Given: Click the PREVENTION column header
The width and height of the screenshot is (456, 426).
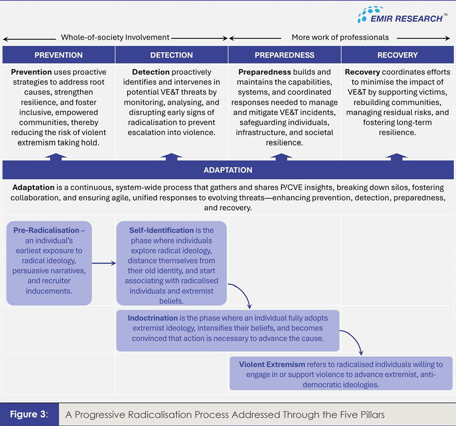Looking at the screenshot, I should pyautogui.click(x=59, y=55).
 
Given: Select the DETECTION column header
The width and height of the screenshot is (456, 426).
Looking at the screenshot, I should pyautogui.click(x=172, y=55).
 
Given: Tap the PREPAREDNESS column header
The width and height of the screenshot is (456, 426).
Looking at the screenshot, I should pyautogui.click(x=284, y=55).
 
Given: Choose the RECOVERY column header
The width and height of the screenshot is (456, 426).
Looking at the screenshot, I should pyautogui.click(x=397, y=55).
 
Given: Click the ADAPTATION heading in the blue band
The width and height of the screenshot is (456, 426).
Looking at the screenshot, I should pyautogui.click(x=228, y=170).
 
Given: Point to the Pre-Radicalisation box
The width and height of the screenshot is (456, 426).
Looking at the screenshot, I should pyautogui.click(x=49, y=263).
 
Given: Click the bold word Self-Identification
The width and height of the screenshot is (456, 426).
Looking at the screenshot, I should pyautogui.click(x=161, y=230).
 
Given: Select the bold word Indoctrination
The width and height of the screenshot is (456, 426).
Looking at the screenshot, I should pyautogui.click(x=153, y=317).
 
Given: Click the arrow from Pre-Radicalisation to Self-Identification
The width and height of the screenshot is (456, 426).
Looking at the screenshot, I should pyautogui.click(x=104, y=263).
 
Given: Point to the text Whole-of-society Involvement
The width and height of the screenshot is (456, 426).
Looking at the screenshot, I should pyautogui.click(x=115, y=37).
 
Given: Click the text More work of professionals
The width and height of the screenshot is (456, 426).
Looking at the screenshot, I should pyautogui.click(x=340, y=37).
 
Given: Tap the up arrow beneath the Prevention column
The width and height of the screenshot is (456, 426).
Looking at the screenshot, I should pyautogui.click(x=59, y=156).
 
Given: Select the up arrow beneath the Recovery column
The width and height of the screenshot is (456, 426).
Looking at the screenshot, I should pyautogui.click(x=397, y=156).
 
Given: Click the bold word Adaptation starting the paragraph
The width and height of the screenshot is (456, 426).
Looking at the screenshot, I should pyautogui.click(x=33, y=187).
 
